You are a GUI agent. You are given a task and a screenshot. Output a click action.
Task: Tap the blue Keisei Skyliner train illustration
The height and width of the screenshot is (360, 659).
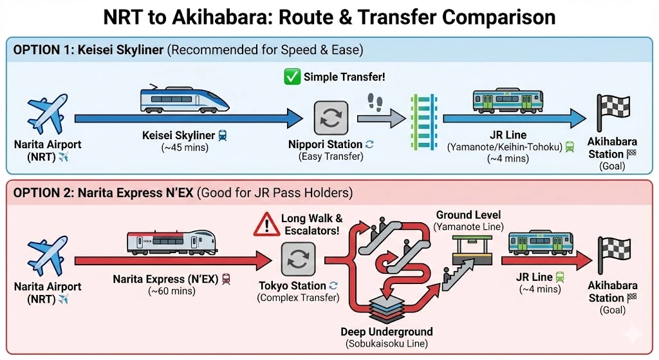(184, 100)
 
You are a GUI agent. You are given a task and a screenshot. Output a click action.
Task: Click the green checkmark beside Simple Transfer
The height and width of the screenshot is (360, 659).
(292, 77)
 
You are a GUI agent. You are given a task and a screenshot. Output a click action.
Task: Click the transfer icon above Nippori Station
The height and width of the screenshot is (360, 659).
(331, 117)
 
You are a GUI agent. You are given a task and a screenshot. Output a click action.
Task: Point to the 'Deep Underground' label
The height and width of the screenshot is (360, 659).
(386, 332)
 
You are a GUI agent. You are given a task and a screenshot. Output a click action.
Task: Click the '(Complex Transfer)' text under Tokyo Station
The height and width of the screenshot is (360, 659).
(297, 298)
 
